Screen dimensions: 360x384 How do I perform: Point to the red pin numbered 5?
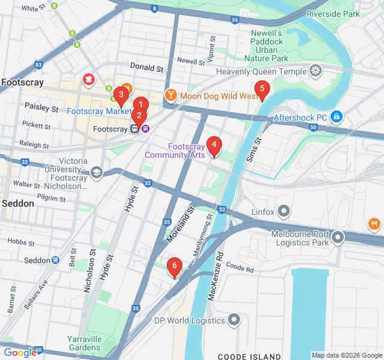coord(261,89)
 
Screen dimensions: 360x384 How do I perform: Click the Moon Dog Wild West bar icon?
coord(171,96)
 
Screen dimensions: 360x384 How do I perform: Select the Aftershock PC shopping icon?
coord(337,116)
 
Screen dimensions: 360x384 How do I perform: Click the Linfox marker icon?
coord(284,211)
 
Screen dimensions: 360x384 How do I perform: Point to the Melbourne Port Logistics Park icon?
coord(338,237)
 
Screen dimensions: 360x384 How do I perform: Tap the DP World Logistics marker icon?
coord(234,320)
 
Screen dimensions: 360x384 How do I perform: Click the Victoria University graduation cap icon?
coord(97,173)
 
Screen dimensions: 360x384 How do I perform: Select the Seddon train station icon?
coord(55,260)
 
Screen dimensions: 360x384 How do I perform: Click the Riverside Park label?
coord(332,14)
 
